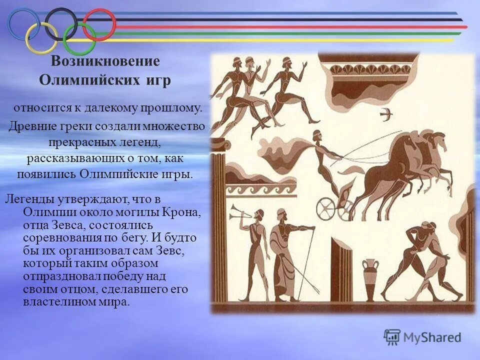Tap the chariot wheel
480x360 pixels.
click(331, 205)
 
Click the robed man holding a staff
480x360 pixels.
click(283, 255)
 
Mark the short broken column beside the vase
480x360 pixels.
click(342, 270)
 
